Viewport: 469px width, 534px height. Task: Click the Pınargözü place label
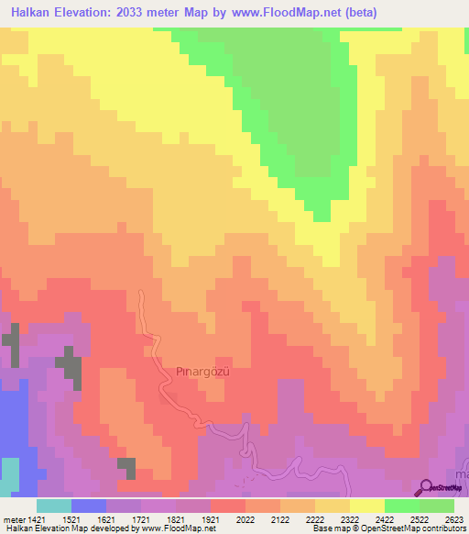point(201,371)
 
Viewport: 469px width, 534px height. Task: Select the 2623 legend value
point(453,518)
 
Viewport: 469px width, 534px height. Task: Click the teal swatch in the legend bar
point(54,506)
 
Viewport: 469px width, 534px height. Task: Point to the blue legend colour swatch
point(89,506)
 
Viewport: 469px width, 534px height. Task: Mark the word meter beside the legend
point(12,518)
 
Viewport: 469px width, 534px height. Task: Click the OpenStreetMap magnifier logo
point(426,487)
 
